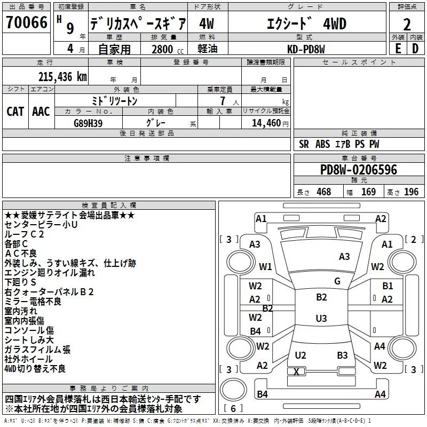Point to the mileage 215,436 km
pyautogui.click(x=62, y=77)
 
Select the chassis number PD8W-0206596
pyautogui.click(x=358, y=170)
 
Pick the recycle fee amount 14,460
pyautogui.click(x=262, y=123)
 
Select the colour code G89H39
pyautogui.click(x=88, y=123)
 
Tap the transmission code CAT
pyautogui.click(x=15, y=111)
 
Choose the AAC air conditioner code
pyautogui.click(x=41, y=111)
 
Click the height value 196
pyautogui.click(x=412, y=192)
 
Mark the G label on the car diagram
pyautogui.click(x=337, y=281)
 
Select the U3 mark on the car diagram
pyautogui.click(x=321, y=319)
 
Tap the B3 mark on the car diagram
pyautogui.click(x=342, y=355)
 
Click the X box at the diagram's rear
pyautogui.click(x=297, y=371)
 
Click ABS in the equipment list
pyautogui.click(x=322, y=144)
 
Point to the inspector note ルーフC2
pyautogui.click(x=25, y=234)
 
